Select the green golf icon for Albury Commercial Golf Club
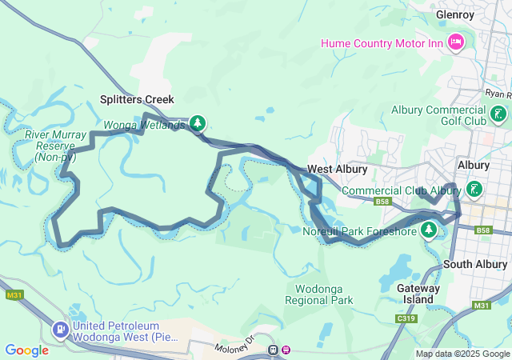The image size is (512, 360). (499, 114)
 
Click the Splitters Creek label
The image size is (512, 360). (137, 99)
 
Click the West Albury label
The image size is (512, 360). (337, 170)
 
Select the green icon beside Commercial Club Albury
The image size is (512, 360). (475, 190)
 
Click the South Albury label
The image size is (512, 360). (475, 264)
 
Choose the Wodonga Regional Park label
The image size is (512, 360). (318, 294)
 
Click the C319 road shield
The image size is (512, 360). (406, 318)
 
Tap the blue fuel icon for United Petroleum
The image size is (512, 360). (60, 329)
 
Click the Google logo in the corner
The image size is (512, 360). (26, 350)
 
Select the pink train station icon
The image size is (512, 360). (286, 350)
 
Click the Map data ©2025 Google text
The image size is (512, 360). (462, 354)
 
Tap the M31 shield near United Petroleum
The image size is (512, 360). (14, 295)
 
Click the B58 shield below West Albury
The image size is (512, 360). (382, 202)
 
